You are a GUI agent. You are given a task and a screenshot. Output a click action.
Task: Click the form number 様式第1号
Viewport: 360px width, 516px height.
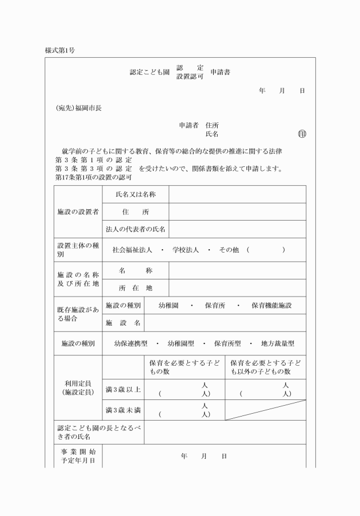60,50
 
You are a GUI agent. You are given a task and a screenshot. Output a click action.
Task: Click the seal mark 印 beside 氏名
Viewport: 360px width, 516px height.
302,134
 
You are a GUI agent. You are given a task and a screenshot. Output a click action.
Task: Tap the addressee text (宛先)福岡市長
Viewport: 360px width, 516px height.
78,107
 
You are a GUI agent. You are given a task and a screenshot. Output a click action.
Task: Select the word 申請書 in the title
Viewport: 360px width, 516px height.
221,72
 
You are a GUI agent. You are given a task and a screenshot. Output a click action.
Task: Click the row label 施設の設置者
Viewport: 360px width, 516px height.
78,211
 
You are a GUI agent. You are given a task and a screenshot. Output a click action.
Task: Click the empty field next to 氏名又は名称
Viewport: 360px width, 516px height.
237,194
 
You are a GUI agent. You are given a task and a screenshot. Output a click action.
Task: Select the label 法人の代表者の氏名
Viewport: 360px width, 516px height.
135,229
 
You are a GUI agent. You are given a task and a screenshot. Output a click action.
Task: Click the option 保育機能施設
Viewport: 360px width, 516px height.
271,306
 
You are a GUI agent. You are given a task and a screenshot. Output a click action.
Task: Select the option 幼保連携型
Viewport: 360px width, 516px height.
131,344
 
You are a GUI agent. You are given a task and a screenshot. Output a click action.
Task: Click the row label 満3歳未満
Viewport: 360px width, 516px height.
123,410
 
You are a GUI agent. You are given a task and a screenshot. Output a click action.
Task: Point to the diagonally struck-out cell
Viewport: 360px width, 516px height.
265,410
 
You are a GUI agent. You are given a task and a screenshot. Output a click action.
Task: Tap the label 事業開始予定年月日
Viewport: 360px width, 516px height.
78,456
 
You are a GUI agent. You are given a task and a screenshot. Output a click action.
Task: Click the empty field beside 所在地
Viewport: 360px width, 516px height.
237,288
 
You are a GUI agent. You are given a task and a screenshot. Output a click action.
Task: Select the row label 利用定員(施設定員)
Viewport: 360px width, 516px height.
78,388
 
